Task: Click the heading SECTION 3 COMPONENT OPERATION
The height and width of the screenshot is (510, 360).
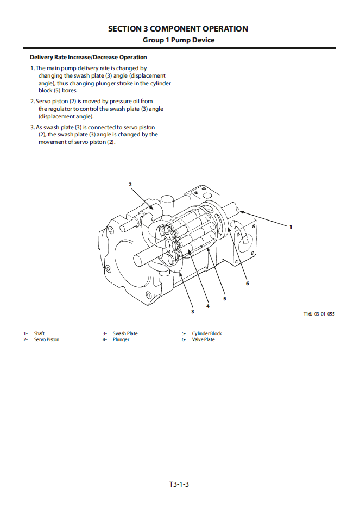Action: click(x=178, y=28)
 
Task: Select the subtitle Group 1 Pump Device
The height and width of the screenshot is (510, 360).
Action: click(x=178, y=40)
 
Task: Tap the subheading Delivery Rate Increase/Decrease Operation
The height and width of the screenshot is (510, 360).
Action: click(x=88, y=57)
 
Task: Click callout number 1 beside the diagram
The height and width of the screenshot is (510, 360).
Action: click(x=290, y=226)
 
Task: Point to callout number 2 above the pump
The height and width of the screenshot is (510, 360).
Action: click(x=130, y=185)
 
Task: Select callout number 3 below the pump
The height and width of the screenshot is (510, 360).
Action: click(x=192, y=311)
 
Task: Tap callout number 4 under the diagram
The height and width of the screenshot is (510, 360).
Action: click(x=207, y=306)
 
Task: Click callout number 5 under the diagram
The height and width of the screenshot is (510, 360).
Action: click(x=224, y=298)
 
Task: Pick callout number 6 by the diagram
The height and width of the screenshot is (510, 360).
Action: click(x=247, y=283)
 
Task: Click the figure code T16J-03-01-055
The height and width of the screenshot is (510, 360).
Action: click(x=319, y=314)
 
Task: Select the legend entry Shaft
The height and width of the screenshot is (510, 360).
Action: click(x=39, y=333)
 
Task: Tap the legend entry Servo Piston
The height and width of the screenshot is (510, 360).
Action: click(x=47, y=339)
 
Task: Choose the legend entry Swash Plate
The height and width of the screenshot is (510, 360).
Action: click(x=125, y=333)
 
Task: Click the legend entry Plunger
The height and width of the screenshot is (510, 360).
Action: click(x=121, y=339)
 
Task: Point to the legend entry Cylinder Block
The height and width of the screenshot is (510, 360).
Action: click(x=207, y=333)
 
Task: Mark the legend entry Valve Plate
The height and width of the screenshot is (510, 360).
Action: click(x=203, y=339)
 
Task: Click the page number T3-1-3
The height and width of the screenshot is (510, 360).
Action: click(x=179, y=484)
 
